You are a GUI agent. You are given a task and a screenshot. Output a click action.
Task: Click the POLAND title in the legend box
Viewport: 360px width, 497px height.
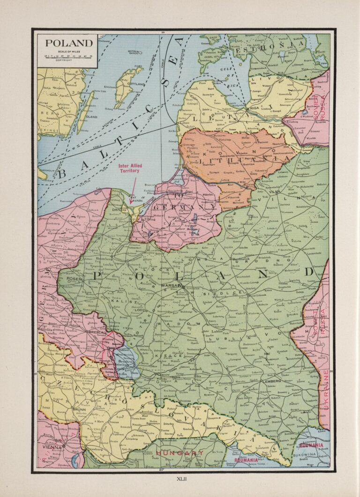click(68, 43)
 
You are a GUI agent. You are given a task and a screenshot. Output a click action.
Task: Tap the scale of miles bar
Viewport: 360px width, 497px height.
click(68, 56)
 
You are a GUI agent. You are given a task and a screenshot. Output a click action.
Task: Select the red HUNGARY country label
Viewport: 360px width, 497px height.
click(180, 453)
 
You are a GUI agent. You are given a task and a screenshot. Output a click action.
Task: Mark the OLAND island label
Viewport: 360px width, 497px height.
click(91, 117)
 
